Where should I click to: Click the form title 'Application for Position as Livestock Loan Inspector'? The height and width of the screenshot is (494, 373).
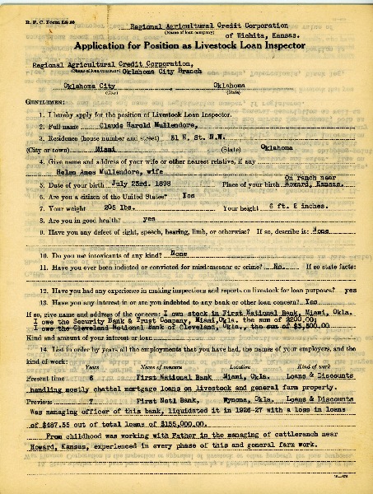[x=187, y=46]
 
